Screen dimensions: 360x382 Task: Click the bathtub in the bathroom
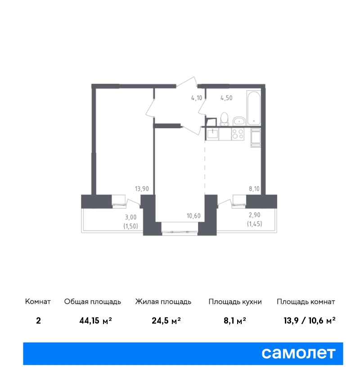pos(253,108)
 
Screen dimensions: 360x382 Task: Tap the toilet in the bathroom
pos(224,119)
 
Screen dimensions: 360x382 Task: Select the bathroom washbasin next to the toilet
pos(239,121)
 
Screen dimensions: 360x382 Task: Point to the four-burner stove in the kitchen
pos(238,134)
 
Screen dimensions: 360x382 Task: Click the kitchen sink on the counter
pos(213,134)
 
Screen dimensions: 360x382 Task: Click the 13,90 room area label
pos(142,189)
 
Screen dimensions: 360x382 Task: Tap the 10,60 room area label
pos(193,216)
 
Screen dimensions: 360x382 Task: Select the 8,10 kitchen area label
pos(254,189)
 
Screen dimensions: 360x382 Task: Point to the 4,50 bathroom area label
pos(226,98)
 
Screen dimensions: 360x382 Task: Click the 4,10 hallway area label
pos(197,98)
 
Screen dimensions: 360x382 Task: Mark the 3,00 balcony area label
pos(131,217)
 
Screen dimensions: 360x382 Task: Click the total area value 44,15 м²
pos(95,320)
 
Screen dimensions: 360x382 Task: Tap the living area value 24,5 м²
pos(166,320)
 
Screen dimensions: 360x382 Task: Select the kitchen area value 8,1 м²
pos(234,320)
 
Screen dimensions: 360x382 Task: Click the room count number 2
pos(38,320)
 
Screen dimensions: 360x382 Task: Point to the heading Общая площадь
pos(92,302)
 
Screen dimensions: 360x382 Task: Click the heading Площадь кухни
pos(235,302)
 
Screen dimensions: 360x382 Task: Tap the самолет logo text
pos(298,354)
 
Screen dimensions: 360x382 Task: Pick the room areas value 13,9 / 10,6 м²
pos(310,320)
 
